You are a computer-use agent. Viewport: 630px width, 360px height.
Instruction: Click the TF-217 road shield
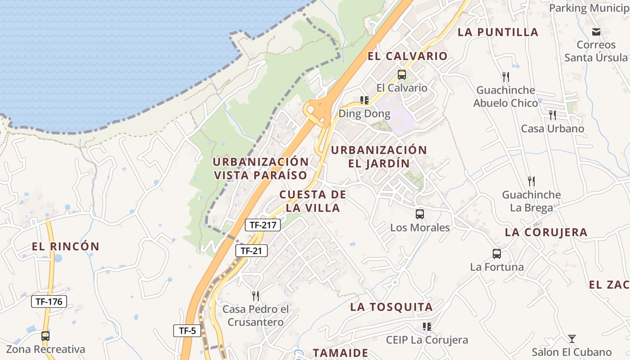[263, 225]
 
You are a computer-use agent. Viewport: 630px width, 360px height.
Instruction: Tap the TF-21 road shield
[252, 251]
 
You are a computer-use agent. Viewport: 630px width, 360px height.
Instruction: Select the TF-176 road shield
[49, 301]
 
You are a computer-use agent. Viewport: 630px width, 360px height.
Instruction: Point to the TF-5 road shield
[187, 331]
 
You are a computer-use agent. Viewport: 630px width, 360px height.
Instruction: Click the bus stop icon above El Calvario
[402, 75]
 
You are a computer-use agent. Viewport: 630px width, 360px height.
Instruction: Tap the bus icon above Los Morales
[420, 214]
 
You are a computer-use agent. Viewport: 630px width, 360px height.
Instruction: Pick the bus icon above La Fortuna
[497, 254]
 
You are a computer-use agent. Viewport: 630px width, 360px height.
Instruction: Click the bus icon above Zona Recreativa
[45, 336]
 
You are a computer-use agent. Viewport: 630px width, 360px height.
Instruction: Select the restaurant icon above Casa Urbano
[553, 115]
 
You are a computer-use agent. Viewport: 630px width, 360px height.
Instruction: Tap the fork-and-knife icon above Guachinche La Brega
[531, 181]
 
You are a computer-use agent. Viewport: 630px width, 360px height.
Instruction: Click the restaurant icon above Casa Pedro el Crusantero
[256, 296]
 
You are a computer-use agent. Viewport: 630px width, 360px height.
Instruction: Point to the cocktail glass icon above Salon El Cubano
[572, 339]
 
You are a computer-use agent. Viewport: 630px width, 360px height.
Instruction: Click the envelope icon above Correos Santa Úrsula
[596, 31]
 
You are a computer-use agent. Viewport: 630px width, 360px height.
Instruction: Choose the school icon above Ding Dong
[364, 100]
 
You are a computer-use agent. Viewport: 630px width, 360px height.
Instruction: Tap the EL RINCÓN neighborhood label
[66, 247]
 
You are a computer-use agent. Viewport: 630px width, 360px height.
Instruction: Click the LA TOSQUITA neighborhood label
[391, 307]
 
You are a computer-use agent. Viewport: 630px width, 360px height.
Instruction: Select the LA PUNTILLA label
[498, 32]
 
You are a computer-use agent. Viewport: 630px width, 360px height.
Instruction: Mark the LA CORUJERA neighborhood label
[546, 232]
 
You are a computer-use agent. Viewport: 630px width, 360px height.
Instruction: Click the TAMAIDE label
[340, 353]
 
